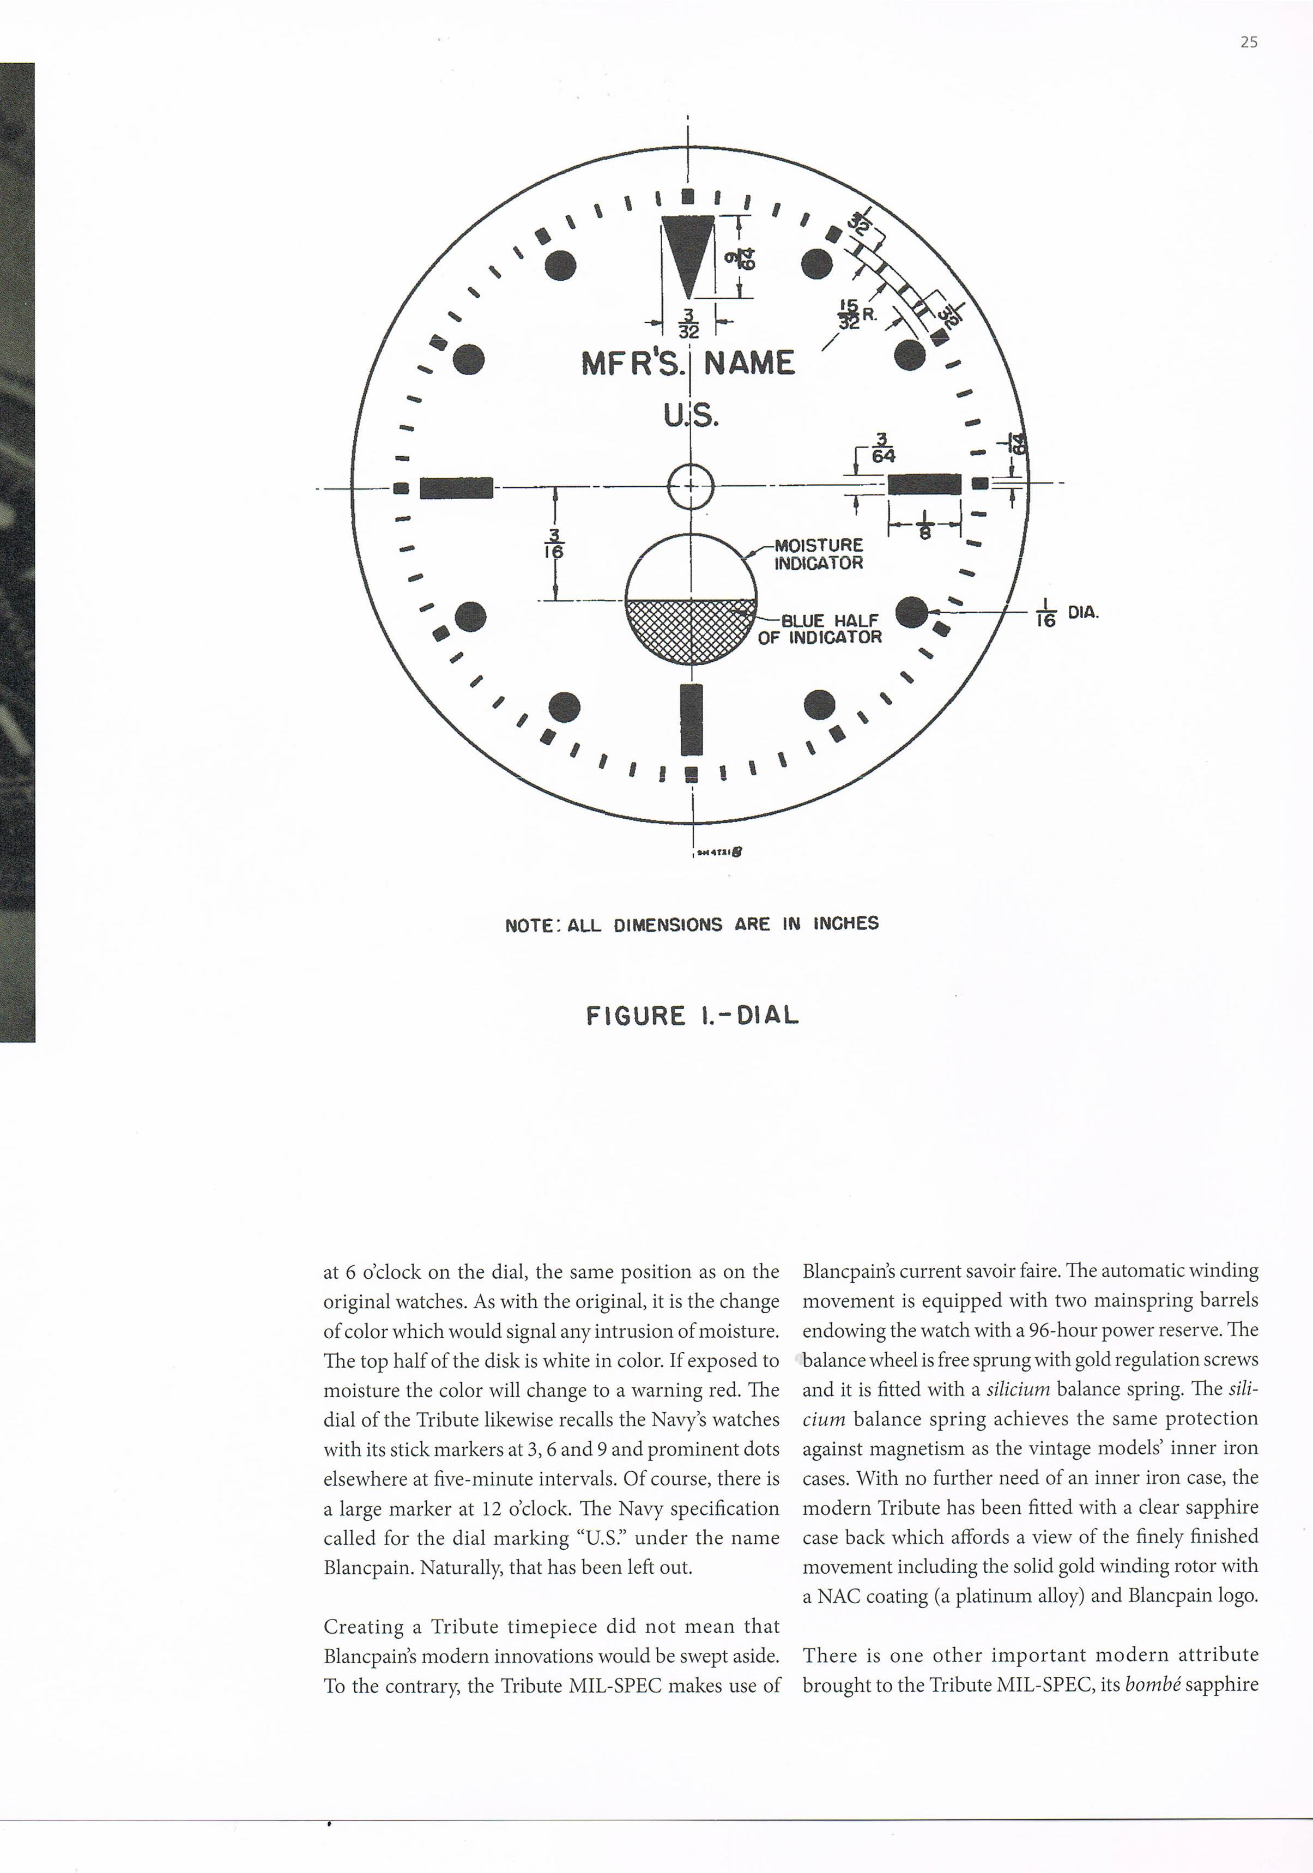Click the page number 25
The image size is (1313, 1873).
1249,43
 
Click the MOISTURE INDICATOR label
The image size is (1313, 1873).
818,554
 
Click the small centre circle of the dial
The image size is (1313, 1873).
691,486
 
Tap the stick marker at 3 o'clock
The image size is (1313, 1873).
924,485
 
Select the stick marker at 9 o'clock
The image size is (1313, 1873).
456,487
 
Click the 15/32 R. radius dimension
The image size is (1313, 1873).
856,314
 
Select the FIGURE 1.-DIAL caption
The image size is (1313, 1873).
692,1016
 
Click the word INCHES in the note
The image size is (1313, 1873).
846,923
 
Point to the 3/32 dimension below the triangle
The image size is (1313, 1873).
689,322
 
